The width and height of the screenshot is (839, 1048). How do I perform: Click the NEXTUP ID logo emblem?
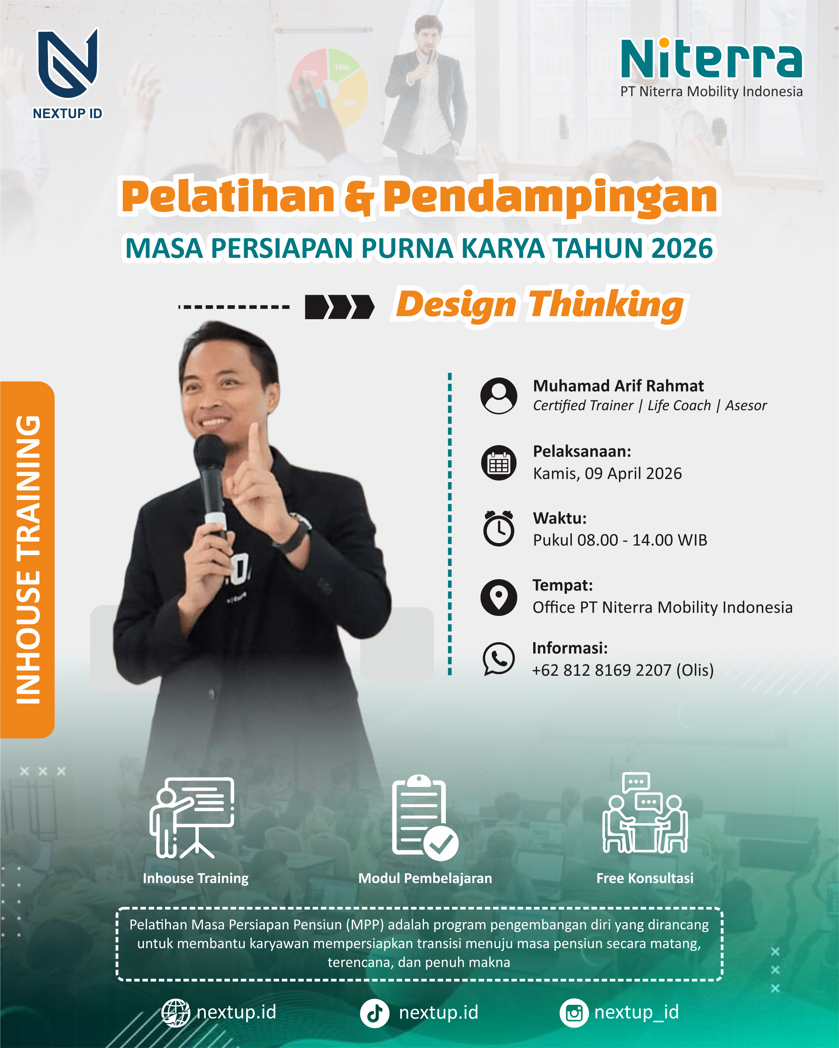[68, 63]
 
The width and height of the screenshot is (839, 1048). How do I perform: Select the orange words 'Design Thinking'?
[540, 305]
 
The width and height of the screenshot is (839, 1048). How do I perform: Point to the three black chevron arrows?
[339, 307]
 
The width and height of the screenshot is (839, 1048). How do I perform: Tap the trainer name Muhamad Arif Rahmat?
[618, 386]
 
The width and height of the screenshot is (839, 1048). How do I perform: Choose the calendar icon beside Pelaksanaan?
[499, 463]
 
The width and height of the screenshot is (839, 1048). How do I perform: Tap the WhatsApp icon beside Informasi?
[499, 659]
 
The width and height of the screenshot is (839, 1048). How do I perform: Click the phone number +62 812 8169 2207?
[602, 670]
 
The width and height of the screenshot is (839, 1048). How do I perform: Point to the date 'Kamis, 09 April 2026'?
[607, 473]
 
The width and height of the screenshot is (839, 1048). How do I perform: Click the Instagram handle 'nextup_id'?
[636, 1012]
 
